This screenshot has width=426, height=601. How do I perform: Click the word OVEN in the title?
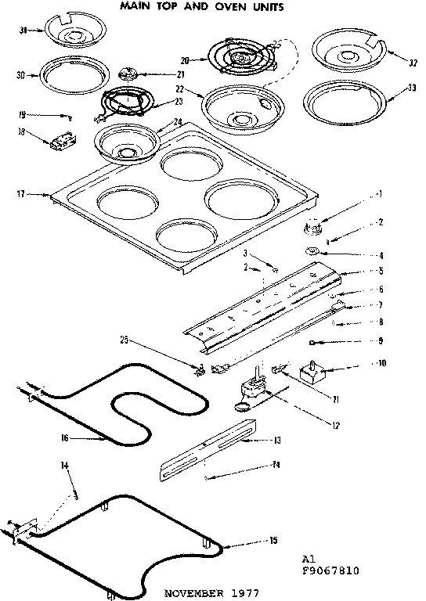point(211,7)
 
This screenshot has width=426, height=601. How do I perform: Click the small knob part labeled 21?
point(129,74)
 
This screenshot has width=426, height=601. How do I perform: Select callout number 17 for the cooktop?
point(19,192)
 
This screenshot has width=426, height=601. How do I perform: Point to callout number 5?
point(380,271)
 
